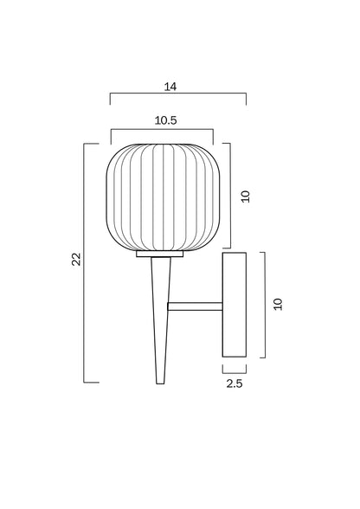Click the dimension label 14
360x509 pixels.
[170, 87]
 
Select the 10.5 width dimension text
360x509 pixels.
[165, 120]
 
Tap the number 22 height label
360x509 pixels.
[76, 259]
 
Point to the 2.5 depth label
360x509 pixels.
[235, 383]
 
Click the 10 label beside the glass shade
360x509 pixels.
[246, 197]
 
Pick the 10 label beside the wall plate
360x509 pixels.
[278, 304]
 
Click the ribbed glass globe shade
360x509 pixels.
[163, 197]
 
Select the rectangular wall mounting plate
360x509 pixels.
[234, 305]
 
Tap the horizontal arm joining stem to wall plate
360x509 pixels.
[195, 306]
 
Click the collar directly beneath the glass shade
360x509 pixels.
[160, 254]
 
